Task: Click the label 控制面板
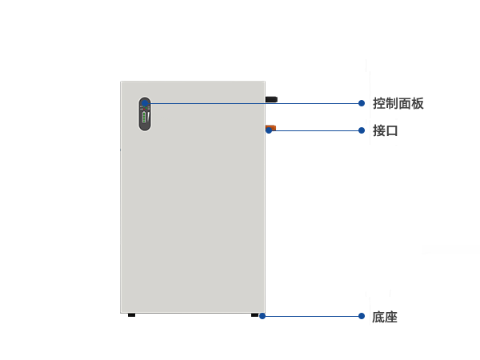tap(398, 103)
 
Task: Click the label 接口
tap(385, 130)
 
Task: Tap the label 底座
tap(385, 317)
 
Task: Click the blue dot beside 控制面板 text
tap(362, 103)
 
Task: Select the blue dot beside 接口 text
tap(362, 130)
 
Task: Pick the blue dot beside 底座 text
tap(362, 316)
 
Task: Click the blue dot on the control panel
tap(145, 103)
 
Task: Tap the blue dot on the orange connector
tap(269, 130)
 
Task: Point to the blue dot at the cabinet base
tap(262, 316)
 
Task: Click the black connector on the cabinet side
tap(271, 99)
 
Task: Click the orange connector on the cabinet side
tap(271, 128)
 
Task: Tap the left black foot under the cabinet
tap(132, 315)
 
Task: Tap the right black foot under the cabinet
tap(254, 315)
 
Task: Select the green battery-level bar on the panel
tap(143, 118)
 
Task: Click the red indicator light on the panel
tap(144, 109)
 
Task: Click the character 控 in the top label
tap(379, 103)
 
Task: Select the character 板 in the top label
tap(418, 103)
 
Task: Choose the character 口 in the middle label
tap(392, 131)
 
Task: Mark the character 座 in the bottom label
tap(391, 317)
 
